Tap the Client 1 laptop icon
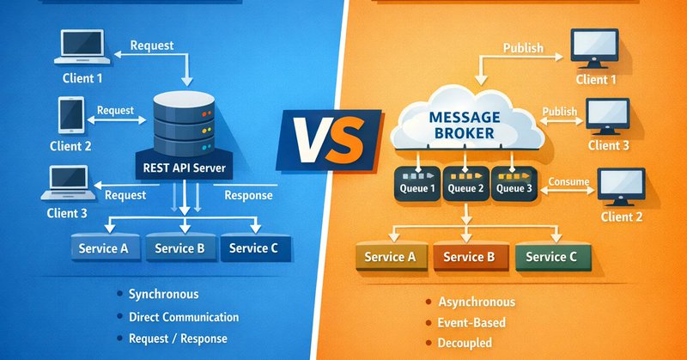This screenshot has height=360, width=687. (82, 49)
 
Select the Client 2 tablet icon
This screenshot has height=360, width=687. (70, 114)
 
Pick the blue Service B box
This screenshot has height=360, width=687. (180, 248)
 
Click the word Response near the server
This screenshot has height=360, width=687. (248, 195)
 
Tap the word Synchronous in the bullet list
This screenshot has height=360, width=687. (163, 295)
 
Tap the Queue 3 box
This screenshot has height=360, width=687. (513, 187)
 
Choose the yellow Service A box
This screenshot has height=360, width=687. (390, 257)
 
